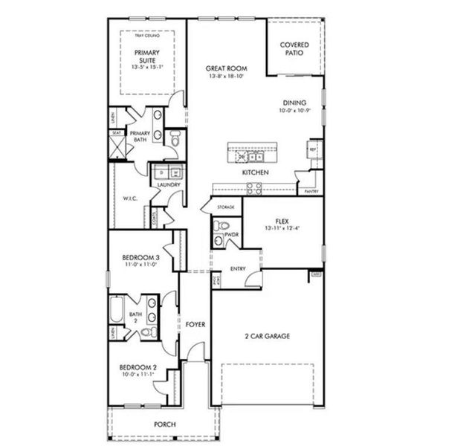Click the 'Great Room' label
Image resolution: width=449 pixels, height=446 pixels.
coord(226,68)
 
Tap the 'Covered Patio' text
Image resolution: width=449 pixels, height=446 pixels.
coord(294,50)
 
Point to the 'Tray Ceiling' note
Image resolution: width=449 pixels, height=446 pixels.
coord(146,35)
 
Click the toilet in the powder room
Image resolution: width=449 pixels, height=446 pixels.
coord(221,225)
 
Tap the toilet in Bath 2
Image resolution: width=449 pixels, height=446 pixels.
coord(148,332)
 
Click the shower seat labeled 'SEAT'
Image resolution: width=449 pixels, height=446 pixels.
coord(117,133)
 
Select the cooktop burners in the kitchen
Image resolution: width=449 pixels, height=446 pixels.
coord(253,188)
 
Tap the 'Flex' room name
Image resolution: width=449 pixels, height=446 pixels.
coord(282,221)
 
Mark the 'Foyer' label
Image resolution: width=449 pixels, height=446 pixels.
coord(195,325)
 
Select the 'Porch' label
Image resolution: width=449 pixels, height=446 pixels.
coord(164,425)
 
